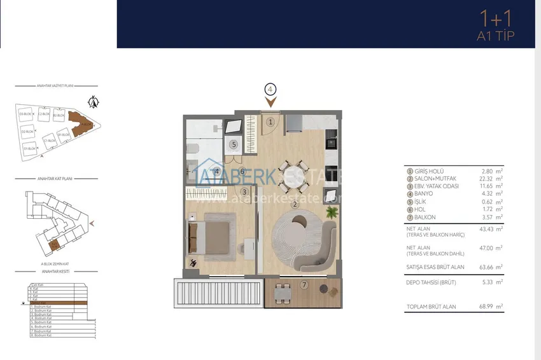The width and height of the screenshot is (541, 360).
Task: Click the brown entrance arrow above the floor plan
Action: [x=270, y=102]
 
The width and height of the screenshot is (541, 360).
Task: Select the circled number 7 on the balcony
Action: [x=304, y=285]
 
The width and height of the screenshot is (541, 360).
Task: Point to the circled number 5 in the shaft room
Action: [x=234, y=145]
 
